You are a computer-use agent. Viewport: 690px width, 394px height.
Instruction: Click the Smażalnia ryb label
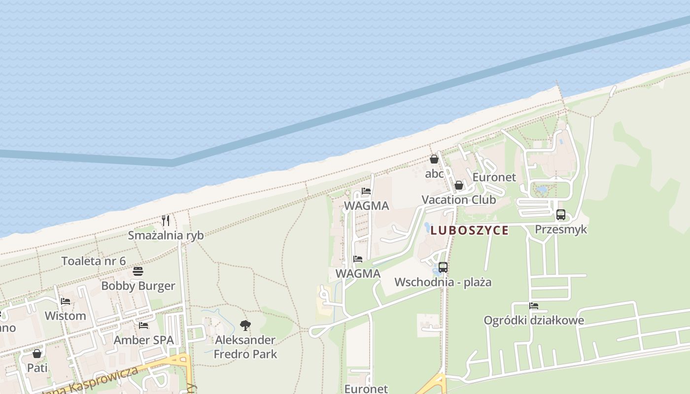click(x=166, y=235)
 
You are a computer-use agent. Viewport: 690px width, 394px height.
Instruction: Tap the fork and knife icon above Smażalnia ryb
click(x=166, y=220)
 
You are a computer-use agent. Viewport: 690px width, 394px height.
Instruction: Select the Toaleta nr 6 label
click(x=94, y=261)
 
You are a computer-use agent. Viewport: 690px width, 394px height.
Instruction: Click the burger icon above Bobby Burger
click(x=138, y=271)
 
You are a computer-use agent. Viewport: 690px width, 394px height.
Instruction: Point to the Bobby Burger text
click(x=138, y=286)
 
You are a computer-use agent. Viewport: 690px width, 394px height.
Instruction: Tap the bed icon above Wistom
click(x=65, y=301)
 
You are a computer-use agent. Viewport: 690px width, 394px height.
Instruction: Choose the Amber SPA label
click(x=144, y=340)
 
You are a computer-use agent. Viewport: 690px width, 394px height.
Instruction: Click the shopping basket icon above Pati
click(x=37, y=354)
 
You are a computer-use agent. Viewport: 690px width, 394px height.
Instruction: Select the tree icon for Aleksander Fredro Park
click(x=245, y=325)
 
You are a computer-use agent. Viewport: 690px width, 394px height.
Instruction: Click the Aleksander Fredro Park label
click(x=245, y=347)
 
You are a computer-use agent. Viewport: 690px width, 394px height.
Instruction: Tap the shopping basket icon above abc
click(x=434, y=159)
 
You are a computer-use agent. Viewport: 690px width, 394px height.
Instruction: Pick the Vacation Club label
click(x=458, y=200)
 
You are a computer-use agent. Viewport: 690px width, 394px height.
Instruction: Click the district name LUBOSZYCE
click(x=469, y=230)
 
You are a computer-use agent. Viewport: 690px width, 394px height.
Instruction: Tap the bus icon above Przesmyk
click(x=561, y=215)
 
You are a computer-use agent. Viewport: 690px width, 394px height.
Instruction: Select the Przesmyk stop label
click(x=561, y=230)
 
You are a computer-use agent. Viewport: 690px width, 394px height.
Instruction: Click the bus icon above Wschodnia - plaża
click(x=443, y=267)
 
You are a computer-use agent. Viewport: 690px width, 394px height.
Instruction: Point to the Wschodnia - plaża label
click(x=443, y=282)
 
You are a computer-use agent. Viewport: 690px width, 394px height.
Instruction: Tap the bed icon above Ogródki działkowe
click(x=534, y=306)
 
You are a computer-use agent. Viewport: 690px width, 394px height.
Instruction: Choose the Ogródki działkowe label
click(x=534, y=321)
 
